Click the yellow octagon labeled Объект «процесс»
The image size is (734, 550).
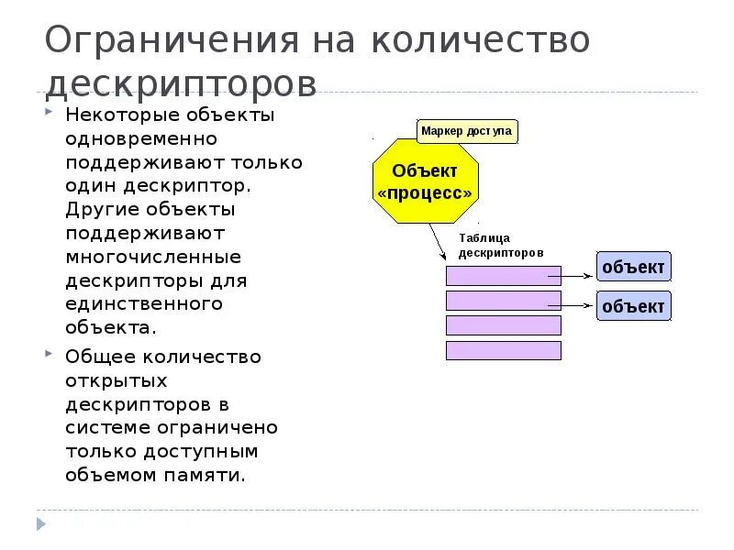pos(425,181)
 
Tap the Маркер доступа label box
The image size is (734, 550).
pos(466,131)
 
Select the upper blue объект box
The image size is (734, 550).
pos(633,268)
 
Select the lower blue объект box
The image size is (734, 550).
pos(633,305)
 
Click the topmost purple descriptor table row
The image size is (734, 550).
pos(503,276)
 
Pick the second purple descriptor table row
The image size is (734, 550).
pos(503,301)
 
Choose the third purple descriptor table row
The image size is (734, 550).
pos(503,325)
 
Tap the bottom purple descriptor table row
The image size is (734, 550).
pos(503,350)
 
